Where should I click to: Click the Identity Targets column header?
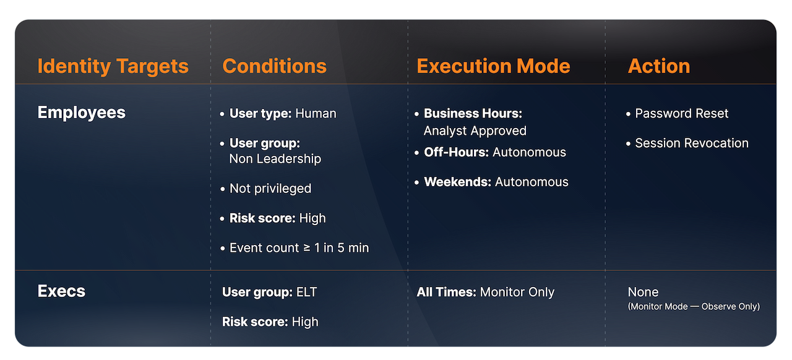coord(113,66)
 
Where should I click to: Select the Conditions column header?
coord(274,66)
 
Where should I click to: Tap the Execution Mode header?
coord(493,66)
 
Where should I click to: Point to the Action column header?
coord(658,66)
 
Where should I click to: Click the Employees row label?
coord(81,113)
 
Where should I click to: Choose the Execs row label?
coord(61,291)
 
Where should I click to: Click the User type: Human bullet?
coord(282,114)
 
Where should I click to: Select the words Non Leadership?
coord(275,159)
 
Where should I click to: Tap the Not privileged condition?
coord(270,189)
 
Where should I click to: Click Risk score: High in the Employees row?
coord(277,218)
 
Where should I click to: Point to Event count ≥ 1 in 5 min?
coord(299,248)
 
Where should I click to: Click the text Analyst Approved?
coord(475,131)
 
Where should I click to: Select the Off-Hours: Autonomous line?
coord(494,152)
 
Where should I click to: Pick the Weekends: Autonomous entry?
coord(496,182)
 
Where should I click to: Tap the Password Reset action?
coord(681,114)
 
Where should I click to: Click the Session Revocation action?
coord(691,144)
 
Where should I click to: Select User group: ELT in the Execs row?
coord(269,293)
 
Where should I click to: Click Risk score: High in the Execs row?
coord(270,322)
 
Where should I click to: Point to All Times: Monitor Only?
coord(485,293)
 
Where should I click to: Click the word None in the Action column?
coord(643,293)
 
